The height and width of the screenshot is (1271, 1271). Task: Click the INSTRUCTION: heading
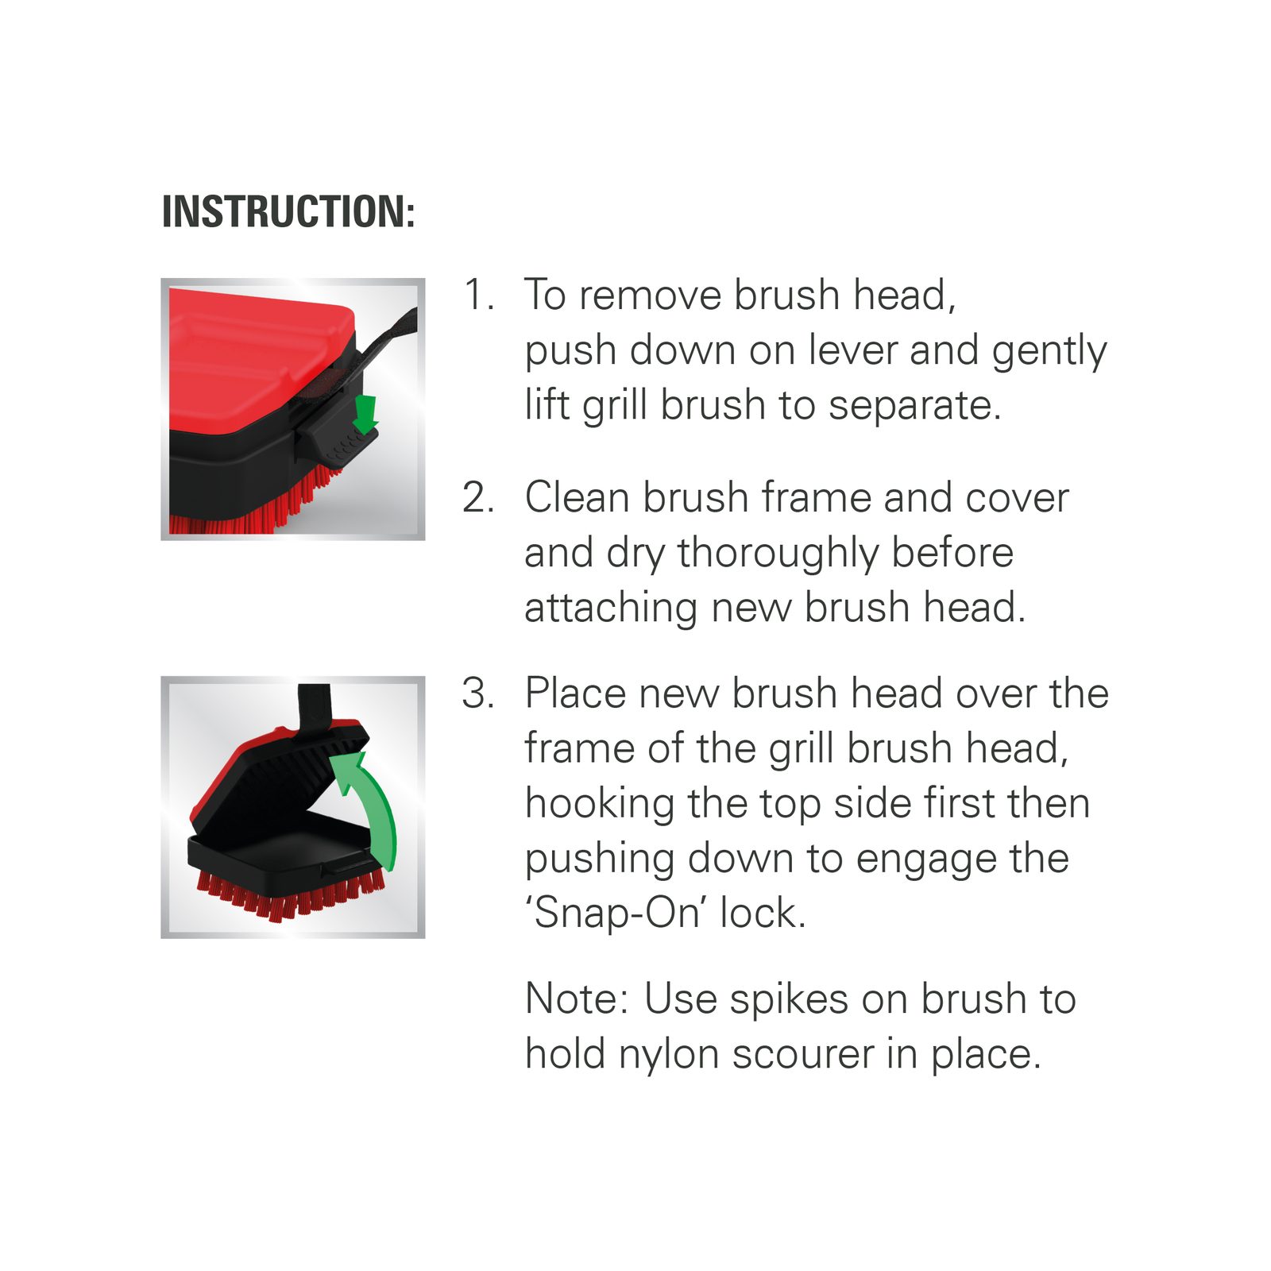point(288,211)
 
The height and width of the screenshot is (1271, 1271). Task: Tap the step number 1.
point(479,295)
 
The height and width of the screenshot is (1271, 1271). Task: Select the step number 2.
point(479,497)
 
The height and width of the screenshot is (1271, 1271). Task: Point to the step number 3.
point(479,693)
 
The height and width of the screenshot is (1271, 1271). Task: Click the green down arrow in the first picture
point(365,414)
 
